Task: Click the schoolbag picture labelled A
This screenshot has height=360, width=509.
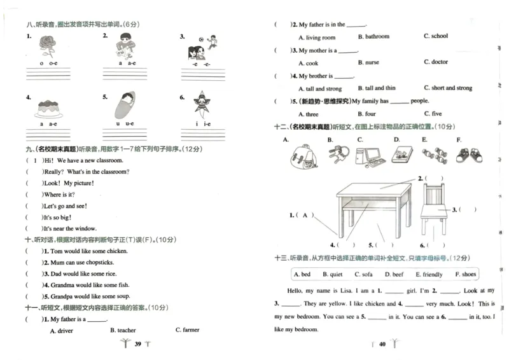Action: [302, 155]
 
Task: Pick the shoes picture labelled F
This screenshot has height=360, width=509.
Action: [468, 155]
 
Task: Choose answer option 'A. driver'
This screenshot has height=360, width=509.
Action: [61, 331]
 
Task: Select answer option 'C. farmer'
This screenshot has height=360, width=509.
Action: [187, 330]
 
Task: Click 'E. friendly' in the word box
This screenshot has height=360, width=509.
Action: [429, 274]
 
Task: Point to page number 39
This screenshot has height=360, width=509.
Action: [137, 344]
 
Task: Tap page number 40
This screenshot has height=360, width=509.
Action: [382, 344]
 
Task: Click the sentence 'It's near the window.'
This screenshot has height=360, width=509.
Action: [69, 229]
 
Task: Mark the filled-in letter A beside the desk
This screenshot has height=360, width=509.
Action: [309, 216]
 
